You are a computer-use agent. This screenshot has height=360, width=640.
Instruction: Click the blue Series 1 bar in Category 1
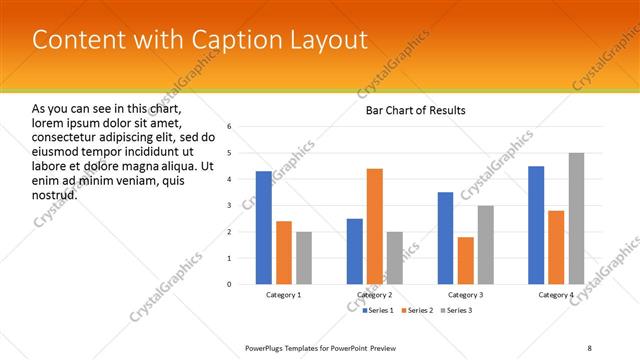(264, 228)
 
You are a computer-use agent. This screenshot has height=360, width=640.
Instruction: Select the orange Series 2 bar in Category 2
(375, 226)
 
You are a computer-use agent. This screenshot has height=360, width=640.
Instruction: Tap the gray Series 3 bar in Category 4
(577, 219)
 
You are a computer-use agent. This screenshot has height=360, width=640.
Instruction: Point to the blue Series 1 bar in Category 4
(536, 225)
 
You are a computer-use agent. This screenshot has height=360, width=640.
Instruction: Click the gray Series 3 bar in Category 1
(304, 258)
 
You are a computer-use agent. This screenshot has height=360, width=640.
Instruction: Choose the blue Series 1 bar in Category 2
(355, 251)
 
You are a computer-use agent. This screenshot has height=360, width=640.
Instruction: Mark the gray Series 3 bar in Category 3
(486, 245)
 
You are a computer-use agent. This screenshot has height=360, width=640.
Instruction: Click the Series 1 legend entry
(378, 311)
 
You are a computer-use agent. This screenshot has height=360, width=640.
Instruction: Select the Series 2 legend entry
(418, 311)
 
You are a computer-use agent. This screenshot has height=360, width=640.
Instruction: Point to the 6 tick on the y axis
(230, 127)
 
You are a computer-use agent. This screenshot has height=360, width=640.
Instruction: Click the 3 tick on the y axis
(230, 206)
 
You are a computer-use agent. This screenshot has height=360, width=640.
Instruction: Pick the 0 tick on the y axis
(230, 284)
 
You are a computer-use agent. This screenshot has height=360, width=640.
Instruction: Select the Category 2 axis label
(375, 295)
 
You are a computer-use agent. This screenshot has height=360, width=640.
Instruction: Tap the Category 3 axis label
(466, 295)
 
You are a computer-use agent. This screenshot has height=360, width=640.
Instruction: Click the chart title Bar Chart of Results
(415, 110)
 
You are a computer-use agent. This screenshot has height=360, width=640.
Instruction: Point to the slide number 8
(589, 348)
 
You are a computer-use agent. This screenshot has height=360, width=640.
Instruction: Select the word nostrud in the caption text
(54, 194)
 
